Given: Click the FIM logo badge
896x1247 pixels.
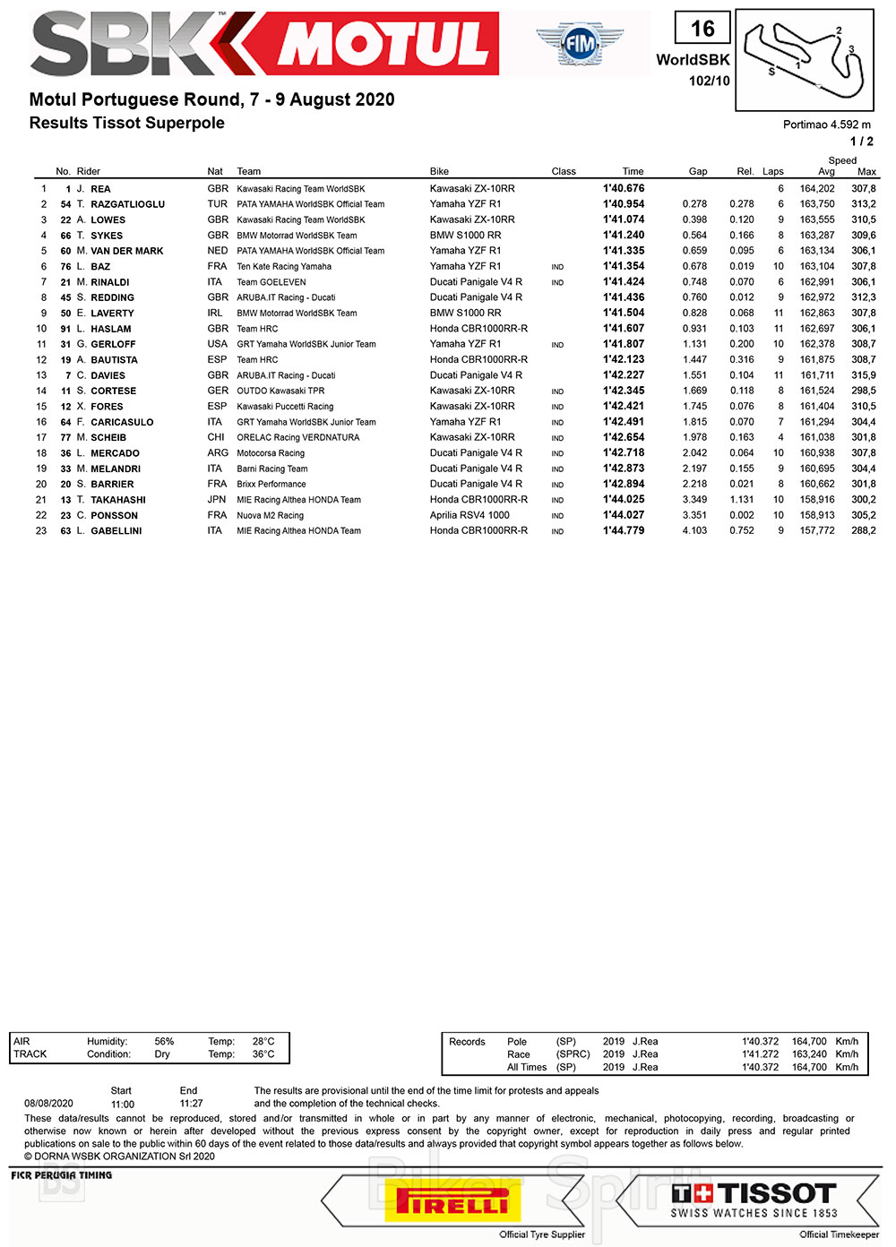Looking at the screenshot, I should pos(580,42).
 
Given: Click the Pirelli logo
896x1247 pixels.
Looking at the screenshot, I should pos(452,1200).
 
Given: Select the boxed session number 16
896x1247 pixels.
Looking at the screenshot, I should pos(702,29).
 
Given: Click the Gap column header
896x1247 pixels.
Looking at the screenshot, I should pos(698,171).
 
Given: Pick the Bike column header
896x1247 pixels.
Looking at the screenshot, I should pos(439,171).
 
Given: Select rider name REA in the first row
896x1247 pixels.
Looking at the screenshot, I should pos(100,189).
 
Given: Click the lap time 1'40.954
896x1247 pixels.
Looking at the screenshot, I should pos(624,204).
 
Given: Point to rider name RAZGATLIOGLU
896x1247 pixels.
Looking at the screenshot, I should pos(127,204).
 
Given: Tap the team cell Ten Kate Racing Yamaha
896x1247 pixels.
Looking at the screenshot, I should pos(284,266).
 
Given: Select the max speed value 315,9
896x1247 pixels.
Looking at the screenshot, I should pos(863,375).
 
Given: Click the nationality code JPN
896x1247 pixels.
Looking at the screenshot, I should pos(217,500).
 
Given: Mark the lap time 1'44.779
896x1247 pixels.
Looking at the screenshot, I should pos(624,530).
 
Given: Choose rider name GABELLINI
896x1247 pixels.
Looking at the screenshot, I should pos(116,531).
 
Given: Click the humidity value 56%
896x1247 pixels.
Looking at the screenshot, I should pos(164,1042).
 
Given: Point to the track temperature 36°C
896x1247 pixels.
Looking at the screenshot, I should pos(263,1054).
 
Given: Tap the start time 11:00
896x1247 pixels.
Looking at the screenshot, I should pos(123,1104).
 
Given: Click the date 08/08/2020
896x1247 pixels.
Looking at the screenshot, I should pos(48,1104).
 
